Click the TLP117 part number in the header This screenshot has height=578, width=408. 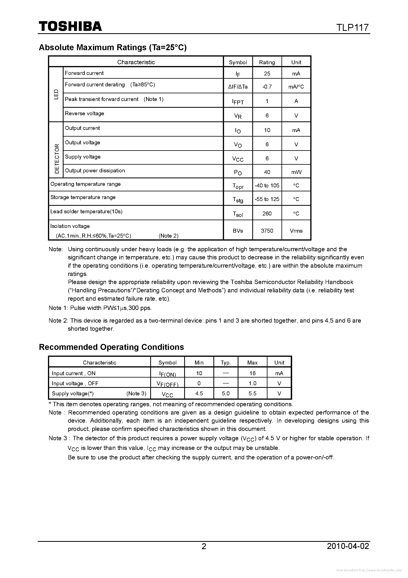click(353, 27)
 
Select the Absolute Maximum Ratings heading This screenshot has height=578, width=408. click(113, 47)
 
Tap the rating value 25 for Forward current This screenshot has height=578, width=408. click(267, 74)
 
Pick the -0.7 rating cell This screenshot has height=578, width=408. click(267, 87)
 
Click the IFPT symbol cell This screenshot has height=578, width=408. click(238, 101)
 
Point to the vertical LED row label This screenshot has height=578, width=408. click(56, 94)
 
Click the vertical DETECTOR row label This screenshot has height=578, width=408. click(57, 159)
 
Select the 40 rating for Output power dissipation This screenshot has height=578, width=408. click(267, 172)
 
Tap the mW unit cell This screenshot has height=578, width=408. click(296, 172)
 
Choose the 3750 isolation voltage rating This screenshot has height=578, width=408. click(267, 231)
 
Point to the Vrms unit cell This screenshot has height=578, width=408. click(296, 231)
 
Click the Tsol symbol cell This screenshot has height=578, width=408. click(238, 214)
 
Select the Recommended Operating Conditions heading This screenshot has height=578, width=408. click(111, 347)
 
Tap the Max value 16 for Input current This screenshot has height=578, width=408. click(252, 373)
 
